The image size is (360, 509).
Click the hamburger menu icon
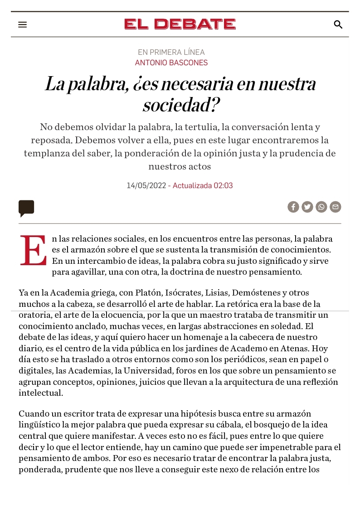pyautogui.click(x=23, y=24)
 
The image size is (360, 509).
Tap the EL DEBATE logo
pyautogui.click(x=180, y=24)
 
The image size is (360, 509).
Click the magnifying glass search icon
pyautogui.click(x=338, y=24)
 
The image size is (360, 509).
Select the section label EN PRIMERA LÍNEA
pyautogui.click(x=171, y=52)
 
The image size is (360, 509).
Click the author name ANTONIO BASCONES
pyautogui.click(x=171, y=63)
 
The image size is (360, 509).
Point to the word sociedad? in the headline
pyautogui.click(x=181, y=105)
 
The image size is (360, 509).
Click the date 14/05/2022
pyautogui.click(x=146, y=185)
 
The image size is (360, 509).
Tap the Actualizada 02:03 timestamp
pyautogui.click(x=203, y=185)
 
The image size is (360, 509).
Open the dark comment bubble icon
pyautogui.click(x=26, y=208)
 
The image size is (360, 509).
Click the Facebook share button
pyautogui.click(x=293, y=207)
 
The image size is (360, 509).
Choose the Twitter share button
pyautogui.click(x=307, y=207)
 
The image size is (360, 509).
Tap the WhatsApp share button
pyautogui.click(x=321, y=207)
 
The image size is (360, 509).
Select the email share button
pyautogui.click(x=336, y=207)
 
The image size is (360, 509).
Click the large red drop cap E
pyautogui.click(x=33, y=250)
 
